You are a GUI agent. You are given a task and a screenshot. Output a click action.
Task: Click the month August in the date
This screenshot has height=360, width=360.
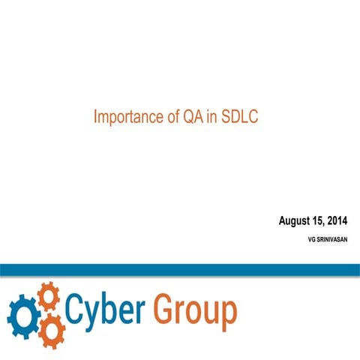coord(296,220)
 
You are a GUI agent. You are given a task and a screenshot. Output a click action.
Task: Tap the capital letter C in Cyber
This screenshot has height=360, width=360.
coord(76,308)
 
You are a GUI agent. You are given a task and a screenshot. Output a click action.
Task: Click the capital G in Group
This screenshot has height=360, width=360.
coord(165,308)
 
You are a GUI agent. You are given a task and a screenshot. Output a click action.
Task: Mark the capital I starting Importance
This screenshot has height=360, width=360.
coord(95,118)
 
